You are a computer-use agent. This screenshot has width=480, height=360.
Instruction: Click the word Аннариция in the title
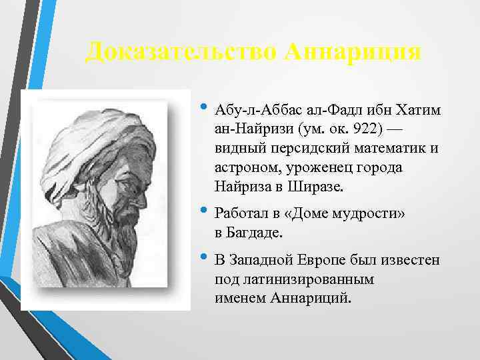tap(353, 51)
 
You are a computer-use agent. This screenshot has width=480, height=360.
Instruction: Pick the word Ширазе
tap(316, 187)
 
